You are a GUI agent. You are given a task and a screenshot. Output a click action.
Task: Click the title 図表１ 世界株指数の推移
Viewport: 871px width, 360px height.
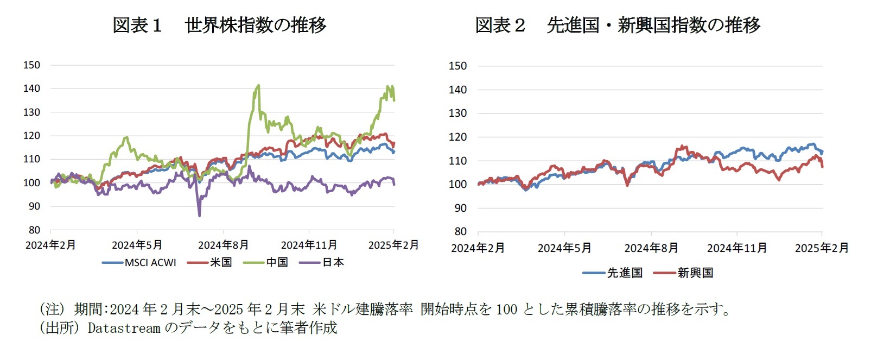(x=219, y=25)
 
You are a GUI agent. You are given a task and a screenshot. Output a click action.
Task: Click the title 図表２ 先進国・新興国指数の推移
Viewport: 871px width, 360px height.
(x=618, y=25)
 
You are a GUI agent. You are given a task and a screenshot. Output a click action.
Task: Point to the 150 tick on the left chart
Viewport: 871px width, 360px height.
(x=31, y=65)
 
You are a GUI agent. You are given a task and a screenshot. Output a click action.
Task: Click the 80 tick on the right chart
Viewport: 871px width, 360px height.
(x=460, y=231)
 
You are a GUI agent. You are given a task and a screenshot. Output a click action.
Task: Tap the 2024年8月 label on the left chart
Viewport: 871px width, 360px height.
(x=223, y=245)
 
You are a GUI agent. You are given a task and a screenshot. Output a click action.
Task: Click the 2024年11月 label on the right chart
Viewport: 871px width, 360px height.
(x=736, y=248)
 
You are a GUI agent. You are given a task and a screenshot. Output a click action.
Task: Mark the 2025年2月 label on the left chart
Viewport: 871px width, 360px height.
(x=393, y=245)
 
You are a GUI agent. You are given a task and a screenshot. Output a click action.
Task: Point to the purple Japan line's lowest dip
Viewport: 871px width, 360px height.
(x=199, y=216)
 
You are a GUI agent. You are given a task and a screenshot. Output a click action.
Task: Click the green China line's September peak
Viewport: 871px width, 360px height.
(x=258, y=85)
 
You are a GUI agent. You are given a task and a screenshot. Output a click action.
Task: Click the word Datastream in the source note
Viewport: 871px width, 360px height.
(x=124, y=328)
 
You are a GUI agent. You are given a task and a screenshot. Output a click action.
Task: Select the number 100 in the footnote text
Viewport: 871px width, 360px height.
(x=506, y=310)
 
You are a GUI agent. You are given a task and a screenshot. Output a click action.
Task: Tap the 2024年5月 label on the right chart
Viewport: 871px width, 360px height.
(x=564, y=248)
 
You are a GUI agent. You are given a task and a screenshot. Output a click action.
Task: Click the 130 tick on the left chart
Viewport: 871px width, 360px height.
(x=31, y=112)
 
